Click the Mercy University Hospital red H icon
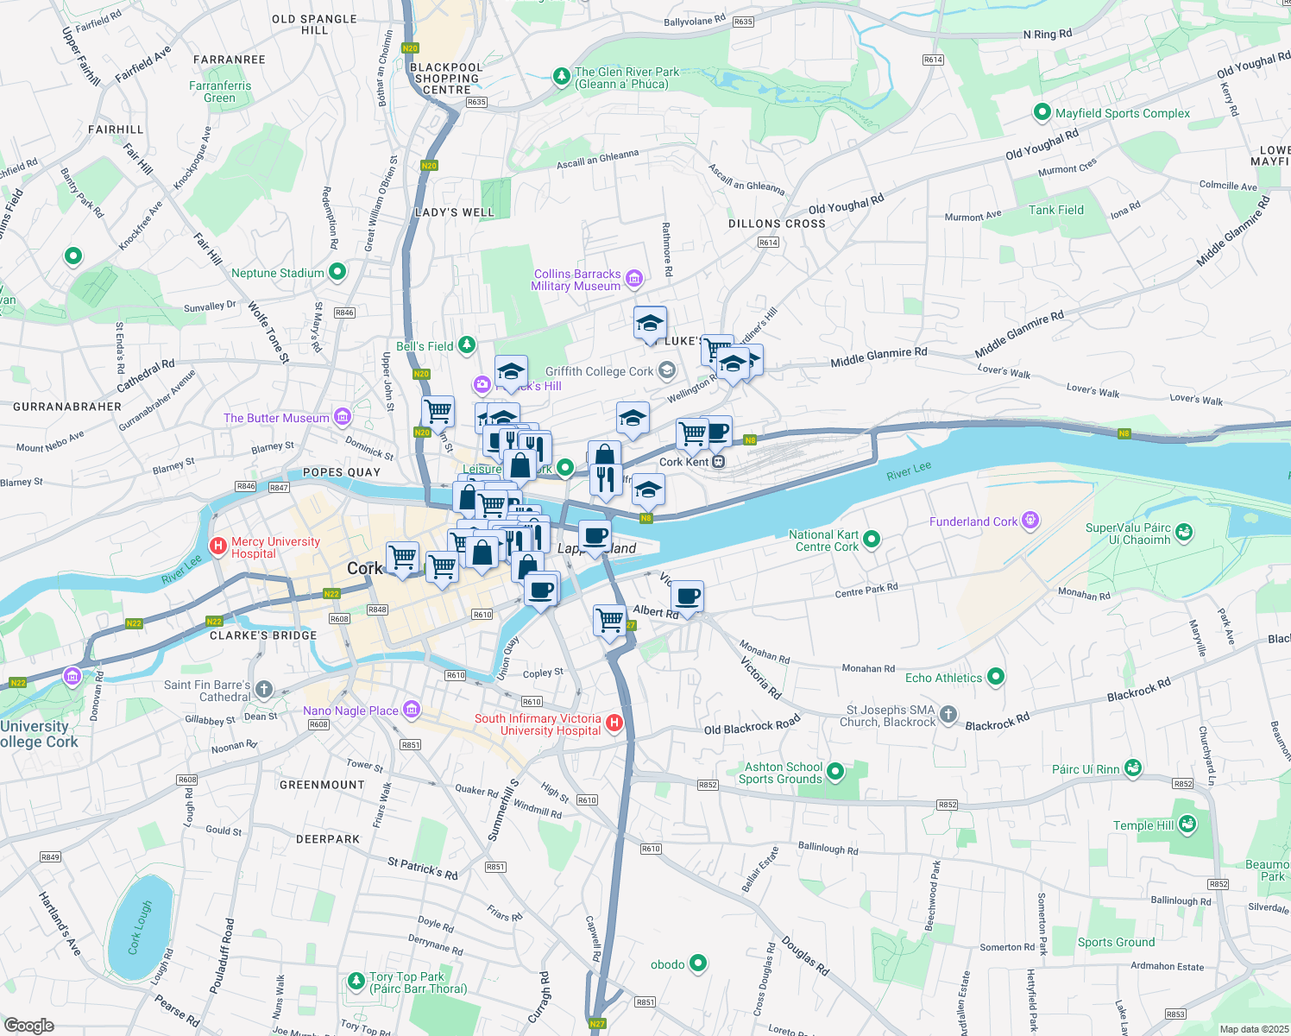(x=218, y=546)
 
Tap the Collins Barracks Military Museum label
(x=576, y=280)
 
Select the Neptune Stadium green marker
(x=337, y=272)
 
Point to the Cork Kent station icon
(x=718, y=462)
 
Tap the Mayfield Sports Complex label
(x=1122, y=113)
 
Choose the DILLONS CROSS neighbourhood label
(x=777, y=224)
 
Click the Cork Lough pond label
(x=140, y=928)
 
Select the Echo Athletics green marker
(x=996, y=677)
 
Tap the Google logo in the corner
(x=28, y=1026)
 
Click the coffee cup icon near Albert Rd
(x=688, y=597)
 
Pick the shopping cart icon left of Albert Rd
(x=609, y=620)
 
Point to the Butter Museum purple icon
(x=343, y=417)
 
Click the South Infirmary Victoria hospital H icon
(x=614, y=723)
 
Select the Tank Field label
(x=1055, y=210)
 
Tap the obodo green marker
(x=698, y=963)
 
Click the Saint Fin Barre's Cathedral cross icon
(x=264, y=689)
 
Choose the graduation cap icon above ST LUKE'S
(x=650, y=324)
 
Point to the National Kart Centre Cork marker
(x=872, y=540)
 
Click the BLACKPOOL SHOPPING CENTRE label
(x=446, y=79)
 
